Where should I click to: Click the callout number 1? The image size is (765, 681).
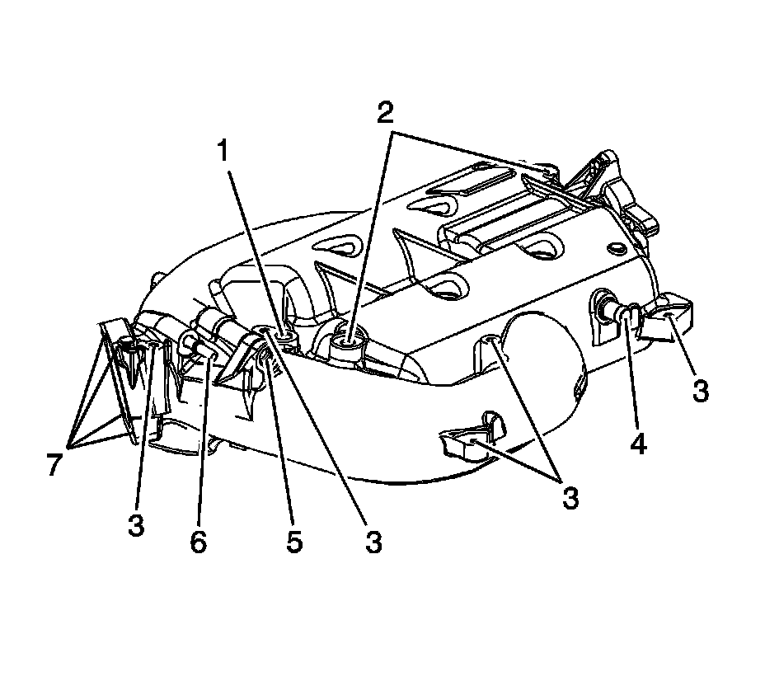click(x=221, y=152)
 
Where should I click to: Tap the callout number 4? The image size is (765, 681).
click(x=638, y=443)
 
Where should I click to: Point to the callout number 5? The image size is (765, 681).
click(x=294, y=541)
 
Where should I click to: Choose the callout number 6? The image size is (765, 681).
click(x=199, y=541)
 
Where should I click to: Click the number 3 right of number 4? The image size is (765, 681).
click(x=700, y=390)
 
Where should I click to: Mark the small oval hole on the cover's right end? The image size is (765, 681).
click(x=615, y=248)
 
